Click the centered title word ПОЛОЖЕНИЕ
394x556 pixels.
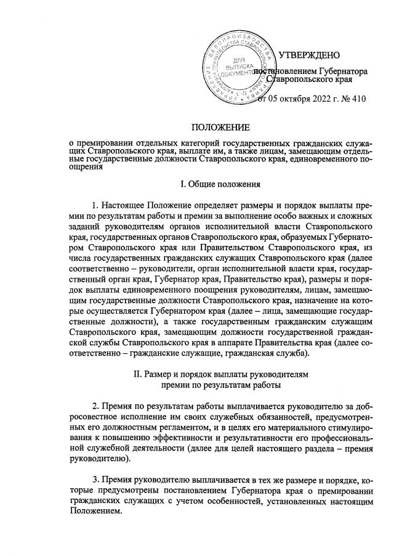[220, 128]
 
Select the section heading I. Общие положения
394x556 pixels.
[220, 184]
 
